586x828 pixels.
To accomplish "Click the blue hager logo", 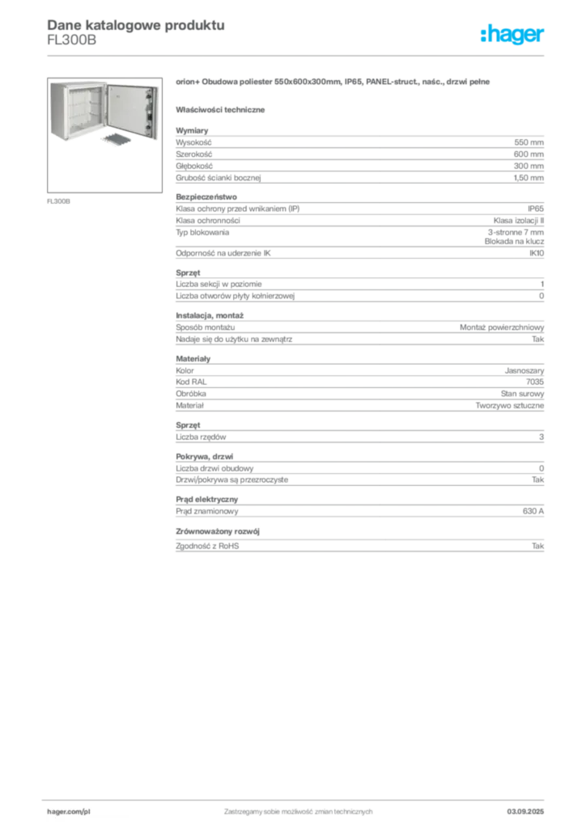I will (x=513, y=36).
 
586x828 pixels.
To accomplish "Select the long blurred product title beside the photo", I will (x=332, y=82).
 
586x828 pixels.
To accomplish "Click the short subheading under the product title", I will (x=223, y=108).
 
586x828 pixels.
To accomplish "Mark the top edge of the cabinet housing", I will (x=81, y=82).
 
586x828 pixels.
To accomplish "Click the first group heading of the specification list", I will (x=194, y=128).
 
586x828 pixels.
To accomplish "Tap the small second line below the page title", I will (x=71, y=45).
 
